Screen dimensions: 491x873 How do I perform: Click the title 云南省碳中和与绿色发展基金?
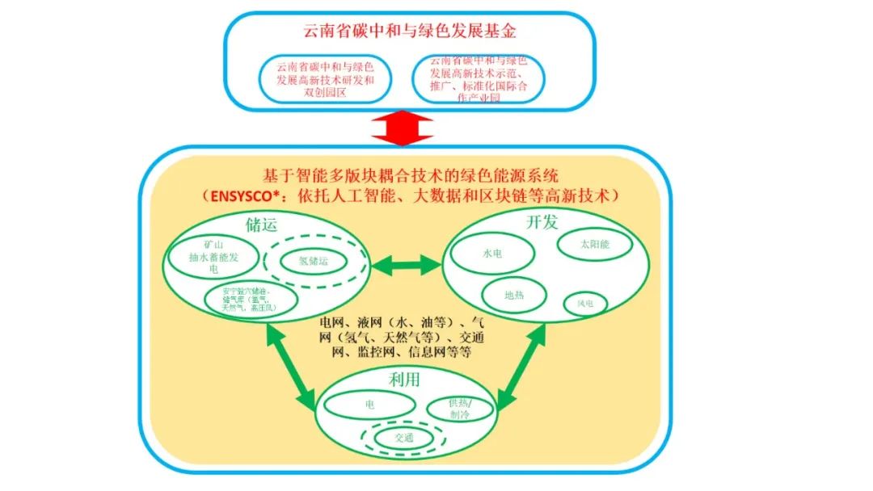[x=410, y=32]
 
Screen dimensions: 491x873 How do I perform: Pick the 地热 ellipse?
[x=514, y=296]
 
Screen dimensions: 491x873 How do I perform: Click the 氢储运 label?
[x=313, y=261]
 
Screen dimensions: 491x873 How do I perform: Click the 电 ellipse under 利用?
[x=369, y=403]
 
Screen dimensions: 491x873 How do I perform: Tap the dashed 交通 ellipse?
[x=403, y=438]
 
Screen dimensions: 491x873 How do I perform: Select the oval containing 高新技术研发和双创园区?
[x=325, y=80]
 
